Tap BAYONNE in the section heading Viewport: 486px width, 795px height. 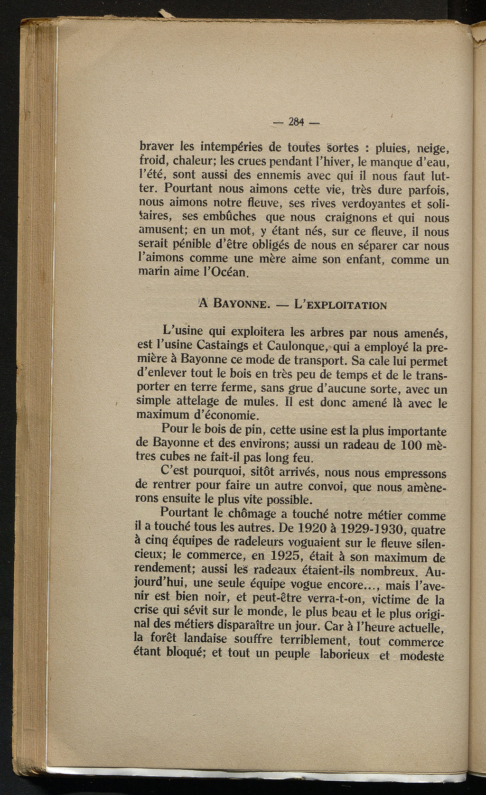click(242, 304)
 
